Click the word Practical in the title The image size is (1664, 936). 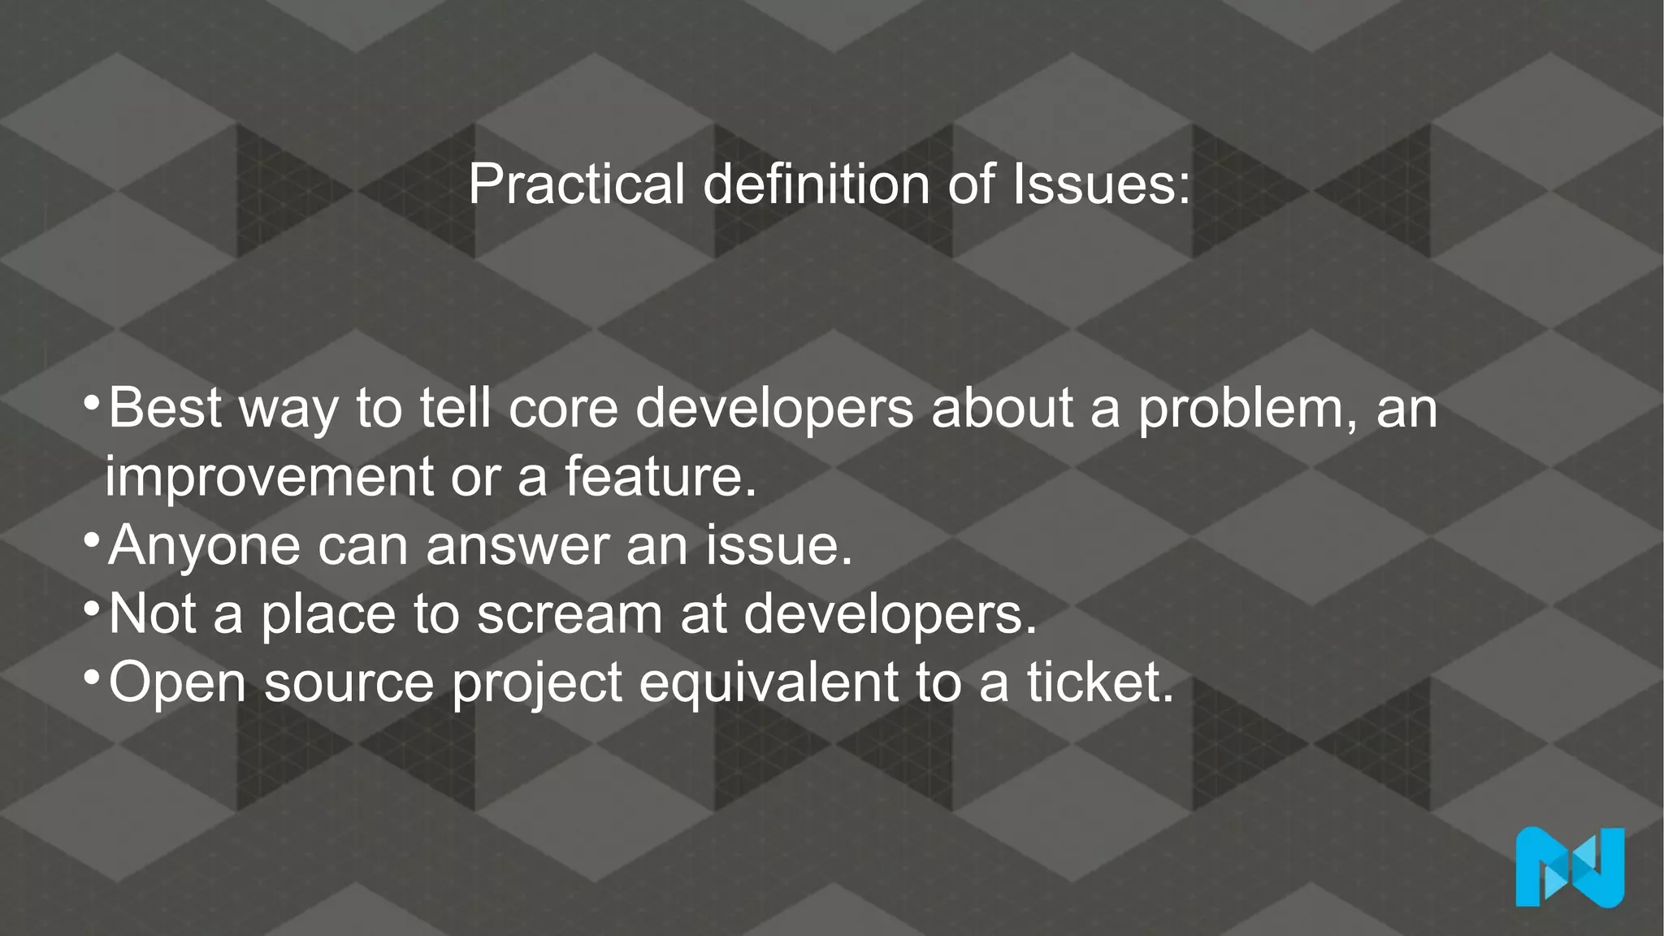click(x=576, y=184)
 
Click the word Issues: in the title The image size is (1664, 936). click(x=1101, y=184)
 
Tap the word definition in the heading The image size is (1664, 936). click(x=816, y=184)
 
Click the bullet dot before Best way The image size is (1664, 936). click(x=92, y=401)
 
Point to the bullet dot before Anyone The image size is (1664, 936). click(x=92, y=539)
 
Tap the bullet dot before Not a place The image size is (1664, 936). click(x=92, y=607)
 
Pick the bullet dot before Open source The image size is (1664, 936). click(x=92, y=675)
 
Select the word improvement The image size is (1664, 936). click(x=269, y=477)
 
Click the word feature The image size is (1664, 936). click(x=659, y=477)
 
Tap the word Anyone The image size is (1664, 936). click(x=204, y=546)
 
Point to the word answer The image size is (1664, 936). click(x=517, y=546)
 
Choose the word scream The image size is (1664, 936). click(x=570, y=614)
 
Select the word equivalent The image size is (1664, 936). click(x=768, y=682)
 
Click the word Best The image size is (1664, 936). click(x=165, y=409)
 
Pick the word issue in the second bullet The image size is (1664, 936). click(x=778, y=546)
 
